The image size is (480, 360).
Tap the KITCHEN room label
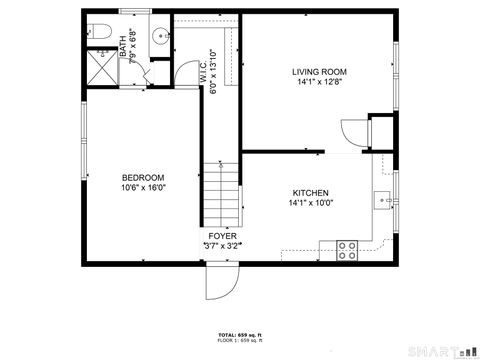[x=310, y=193]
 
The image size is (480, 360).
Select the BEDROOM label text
[x=143, y=177]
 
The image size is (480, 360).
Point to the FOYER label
[x=222, y=236]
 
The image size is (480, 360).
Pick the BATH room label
[x=123, y=44]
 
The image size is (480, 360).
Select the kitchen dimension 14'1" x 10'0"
[x=312, y=203]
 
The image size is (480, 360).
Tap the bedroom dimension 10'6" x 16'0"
[x=143, y=187]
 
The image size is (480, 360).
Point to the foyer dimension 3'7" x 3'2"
[x=222, y=245]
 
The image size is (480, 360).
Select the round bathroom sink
[x=158, y=37]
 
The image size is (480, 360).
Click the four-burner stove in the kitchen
[x=347, y=249]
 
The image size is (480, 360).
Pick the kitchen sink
[x=383, y=201]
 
